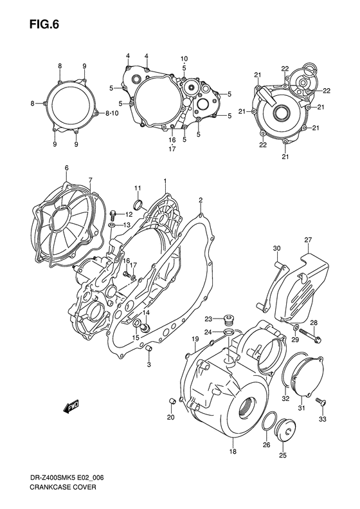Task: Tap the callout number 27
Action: pyautogui.click(x=307, y=240)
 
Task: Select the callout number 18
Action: pyautogui.click(x=233, y=452)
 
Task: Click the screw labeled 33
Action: pyautogui.click(x=322, y=403)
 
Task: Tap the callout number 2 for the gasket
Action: pyautogui.click(x=201, y=200)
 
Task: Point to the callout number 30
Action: pyautogui.click(x=277, y=248)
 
